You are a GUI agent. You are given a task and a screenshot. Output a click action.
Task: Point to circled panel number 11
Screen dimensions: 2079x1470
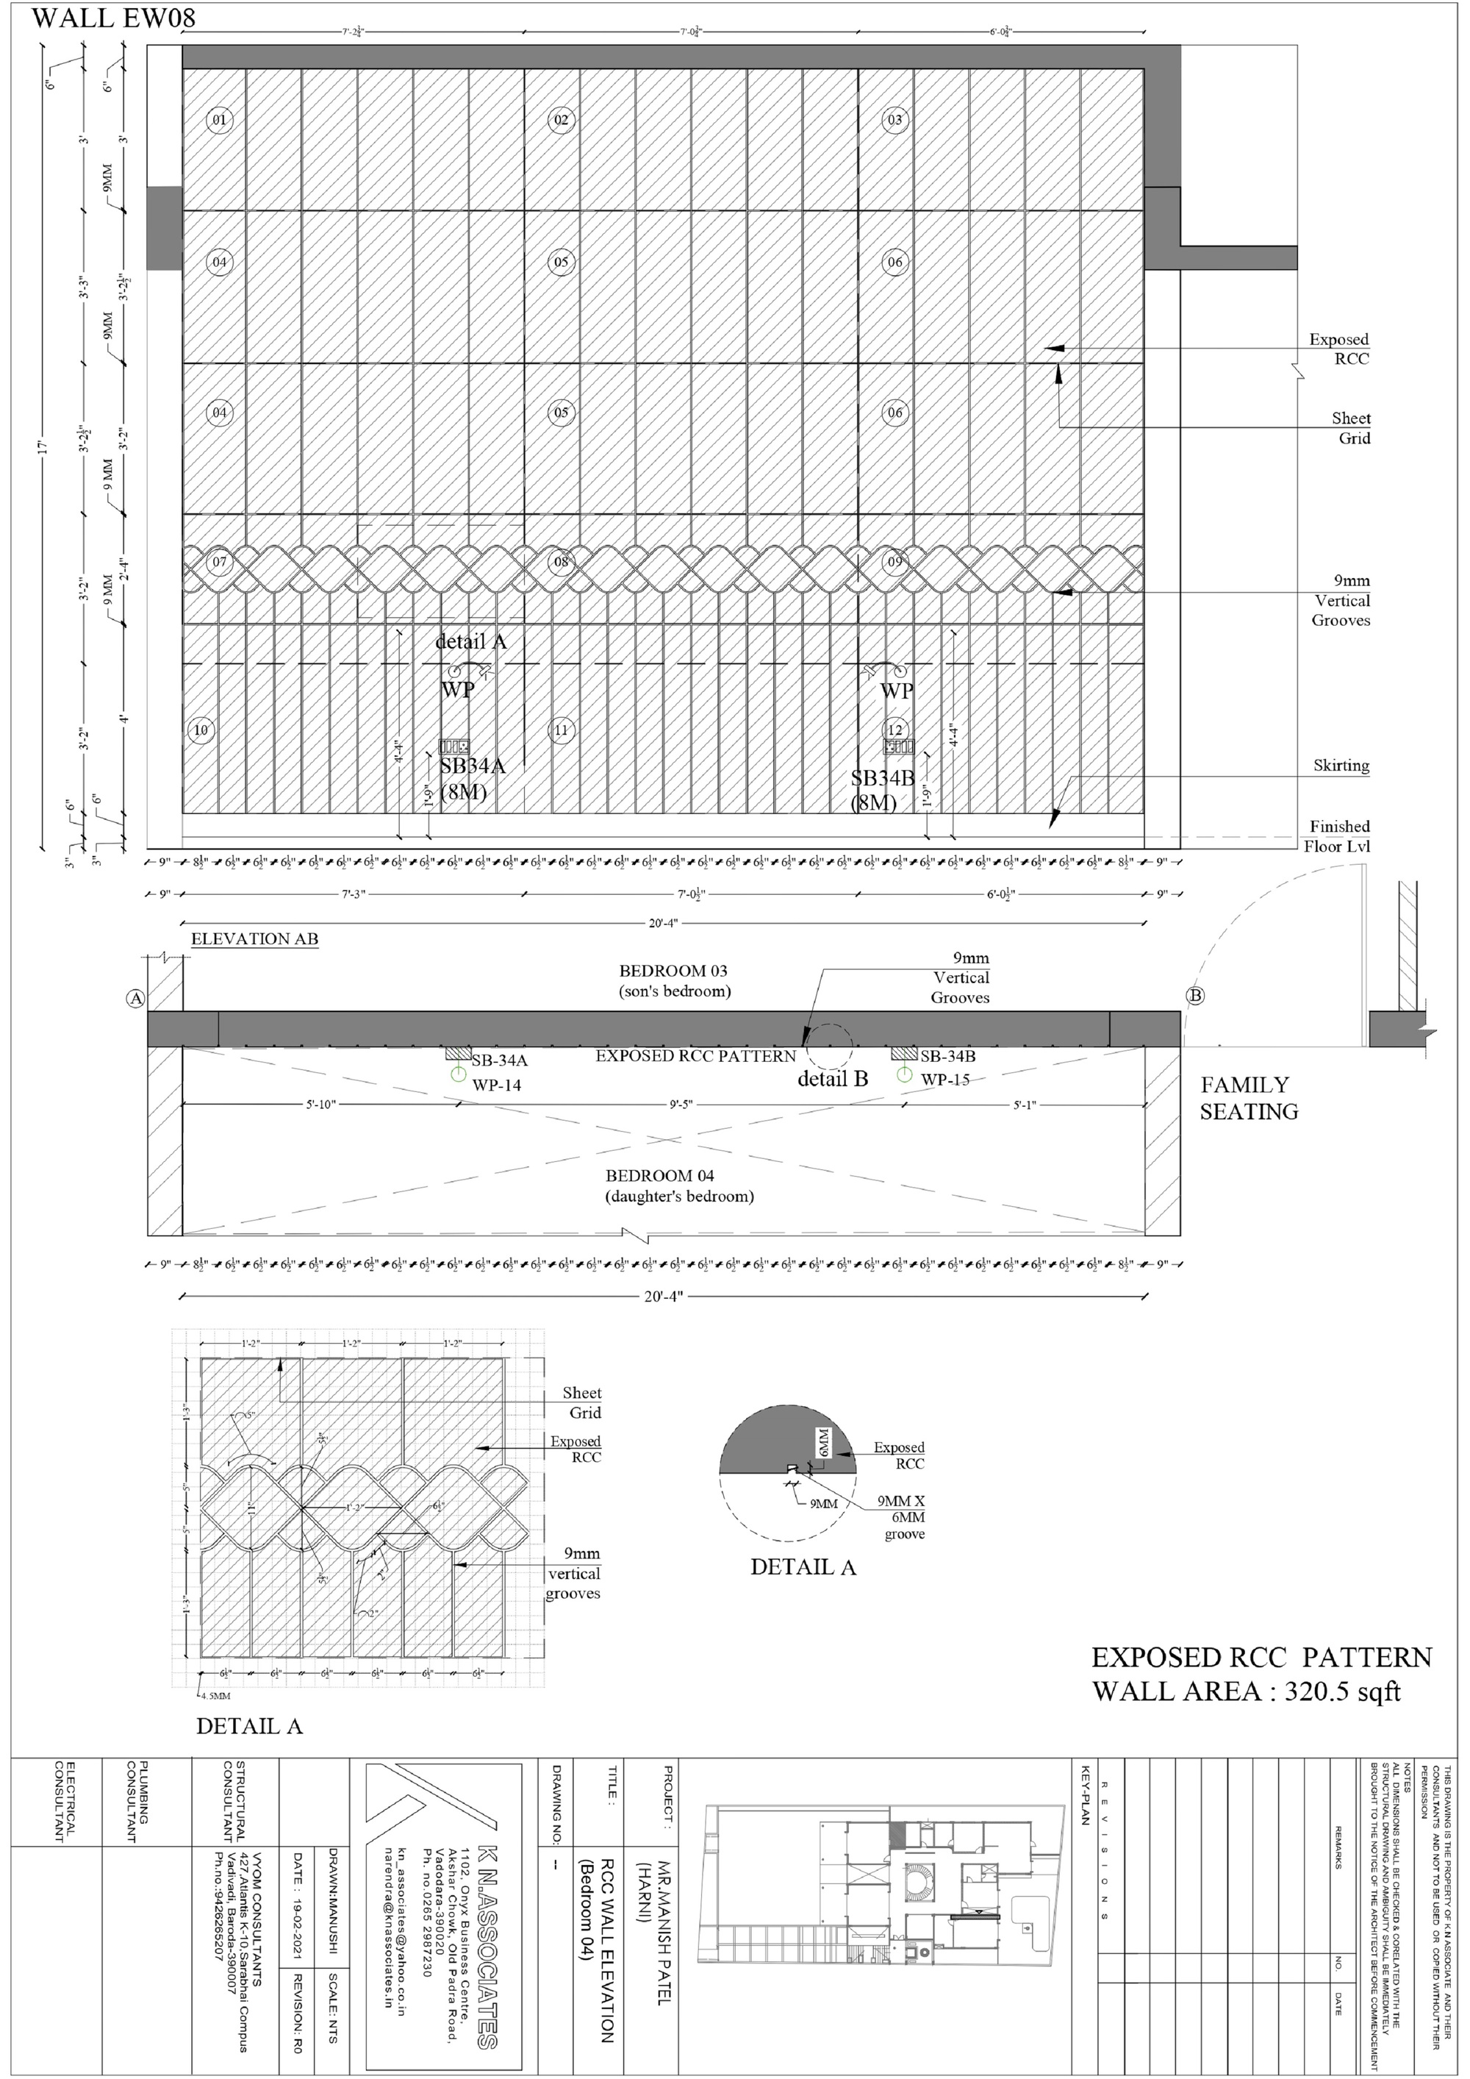pyautogui.click(x=562, y=730)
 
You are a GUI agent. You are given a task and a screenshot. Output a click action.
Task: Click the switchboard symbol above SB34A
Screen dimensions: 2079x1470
pyautogui.click(x=453, y=747)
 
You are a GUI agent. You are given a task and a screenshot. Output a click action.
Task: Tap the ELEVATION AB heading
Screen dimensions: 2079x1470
pyautogui.click(x=254, y=939)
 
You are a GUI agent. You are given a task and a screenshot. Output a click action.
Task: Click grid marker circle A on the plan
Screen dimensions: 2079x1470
pyautogui.click(x=136, y=998)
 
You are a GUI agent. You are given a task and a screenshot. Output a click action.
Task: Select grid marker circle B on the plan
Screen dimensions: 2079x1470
pyautogui.click(x=1195, y=996)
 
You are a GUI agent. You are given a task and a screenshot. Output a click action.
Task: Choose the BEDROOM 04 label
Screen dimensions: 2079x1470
pyautogui.click(x=660, y=1175)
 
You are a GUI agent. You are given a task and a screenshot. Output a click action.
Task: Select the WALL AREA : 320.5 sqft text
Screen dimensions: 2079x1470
pyautogui.click(x=1247, y=1691)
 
